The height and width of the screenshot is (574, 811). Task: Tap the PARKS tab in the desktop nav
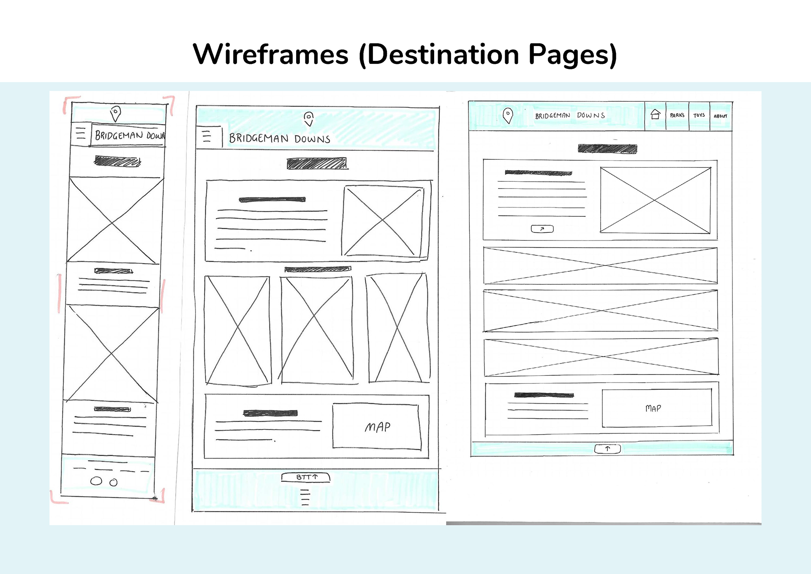pos(677,115)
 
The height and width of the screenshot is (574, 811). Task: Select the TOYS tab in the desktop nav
pos(699,115)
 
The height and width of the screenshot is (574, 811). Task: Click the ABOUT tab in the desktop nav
pos(720,116)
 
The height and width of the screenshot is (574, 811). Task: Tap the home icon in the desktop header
pos(655,114)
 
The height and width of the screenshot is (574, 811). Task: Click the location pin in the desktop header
pos(508,115)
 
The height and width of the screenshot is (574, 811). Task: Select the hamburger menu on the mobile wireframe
pos(80,134)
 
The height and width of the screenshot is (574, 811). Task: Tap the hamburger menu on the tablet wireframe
pos(207,136)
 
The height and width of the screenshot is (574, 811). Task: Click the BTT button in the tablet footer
pos(306,477)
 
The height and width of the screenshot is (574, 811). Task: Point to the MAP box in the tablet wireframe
pos(377,426)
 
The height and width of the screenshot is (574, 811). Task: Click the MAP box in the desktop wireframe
pos(656,408)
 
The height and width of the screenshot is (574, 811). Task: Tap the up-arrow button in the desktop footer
pos(607,448)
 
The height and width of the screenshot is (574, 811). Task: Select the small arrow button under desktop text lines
pos(542,229)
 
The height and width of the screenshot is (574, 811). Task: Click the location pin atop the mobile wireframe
pos(115,113)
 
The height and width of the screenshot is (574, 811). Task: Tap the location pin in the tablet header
pos(309,118)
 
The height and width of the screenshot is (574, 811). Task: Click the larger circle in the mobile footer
pos(96,481)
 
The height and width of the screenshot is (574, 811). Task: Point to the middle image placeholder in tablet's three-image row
pos(316,330)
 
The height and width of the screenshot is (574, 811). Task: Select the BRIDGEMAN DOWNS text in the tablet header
pos(279,139)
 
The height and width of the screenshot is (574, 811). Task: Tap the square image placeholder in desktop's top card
pos(655,200)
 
